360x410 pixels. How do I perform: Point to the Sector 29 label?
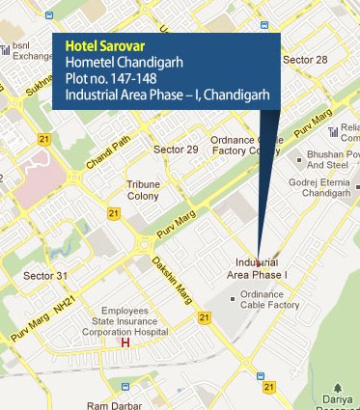click(177, 150)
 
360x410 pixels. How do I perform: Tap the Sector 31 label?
click(45, 276)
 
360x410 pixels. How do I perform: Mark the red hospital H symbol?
click(124, 342)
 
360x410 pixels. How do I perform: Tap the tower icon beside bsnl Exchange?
click(7, 49)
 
